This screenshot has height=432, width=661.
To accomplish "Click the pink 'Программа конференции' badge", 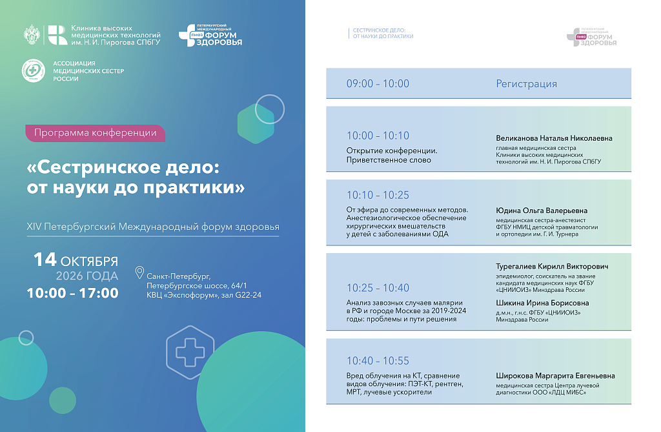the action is tap(96, 133).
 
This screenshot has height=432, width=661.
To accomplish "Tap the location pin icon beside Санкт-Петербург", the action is tap(139, 273).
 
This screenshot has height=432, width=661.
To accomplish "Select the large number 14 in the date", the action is tap(45, 260).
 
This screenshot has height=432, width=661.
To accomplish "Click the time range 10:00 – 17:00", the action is tap(72, 293).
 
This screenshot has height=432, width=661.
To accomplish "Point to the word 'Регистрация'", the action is tap(526, 84).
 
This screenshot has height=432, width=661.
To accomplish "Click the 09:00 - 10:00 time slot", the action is tap(378, 83).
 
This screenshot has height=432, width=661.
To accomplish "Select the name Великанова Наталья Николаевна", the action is tap(554, 138).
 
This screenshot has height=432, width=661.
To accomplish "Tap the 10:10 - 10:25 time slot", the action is tap(378, 195).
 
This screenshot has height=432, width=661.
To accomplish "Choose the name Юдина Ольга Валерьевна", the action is tap(542, 211).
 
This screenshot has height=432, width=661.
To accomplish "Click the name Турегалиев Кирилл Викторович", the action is tap(552, 266).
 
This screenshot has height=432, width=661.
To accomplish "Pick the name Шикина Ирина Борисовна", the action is tap(542, 303).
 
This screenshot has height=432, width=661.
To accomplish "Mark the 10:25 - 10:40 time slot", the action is tap(378, 288).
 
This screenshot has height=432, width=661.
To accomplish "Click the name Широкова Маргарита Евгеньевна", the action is tap(555, 375).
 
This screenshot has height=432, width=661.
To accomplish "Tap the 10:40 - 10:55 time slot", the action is tap(378, 361).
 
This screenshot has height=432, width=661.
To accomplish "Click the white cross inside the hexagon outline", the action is tap(190, 352).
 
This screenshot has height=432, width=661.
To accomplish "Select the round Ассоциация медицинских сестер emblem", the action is tap(34, 70).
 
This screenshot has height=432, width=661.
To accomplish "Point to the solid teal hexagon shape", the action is tap(256, 124).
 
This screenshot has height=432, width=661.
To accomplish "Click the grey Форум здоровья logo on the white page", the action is tap(591, 37).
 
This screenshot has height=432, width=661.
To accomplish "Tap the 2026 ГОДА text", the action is tap(87, 276).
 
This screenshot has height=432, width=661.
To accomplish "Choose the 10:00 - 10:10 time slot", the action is tap(378, 136).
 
